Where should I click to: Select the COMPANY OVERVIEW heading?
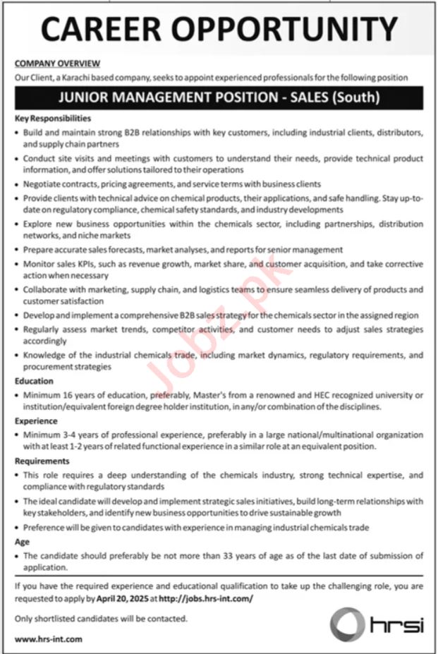pyautogui.click(x=57, y=63)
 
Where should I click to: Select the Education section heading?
pyautogui.click(x=34, y=380)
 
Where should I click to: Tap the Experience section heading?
pyautogui.click(x=37, y=420)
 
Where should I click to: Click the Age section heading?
pyautogui.click(x=22, y=543)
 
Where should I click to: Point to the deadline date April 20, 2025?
pyautogui.click(x=119, y=597)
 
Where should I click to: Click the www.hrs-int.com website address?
pyautogui.click(x=48, y=638)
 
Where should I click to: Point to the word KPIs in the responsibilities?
pyautogui.click(x=79, y=263)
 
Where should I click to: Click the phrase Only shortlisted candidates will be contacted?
pyautogui.click(x=101, y=618)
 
